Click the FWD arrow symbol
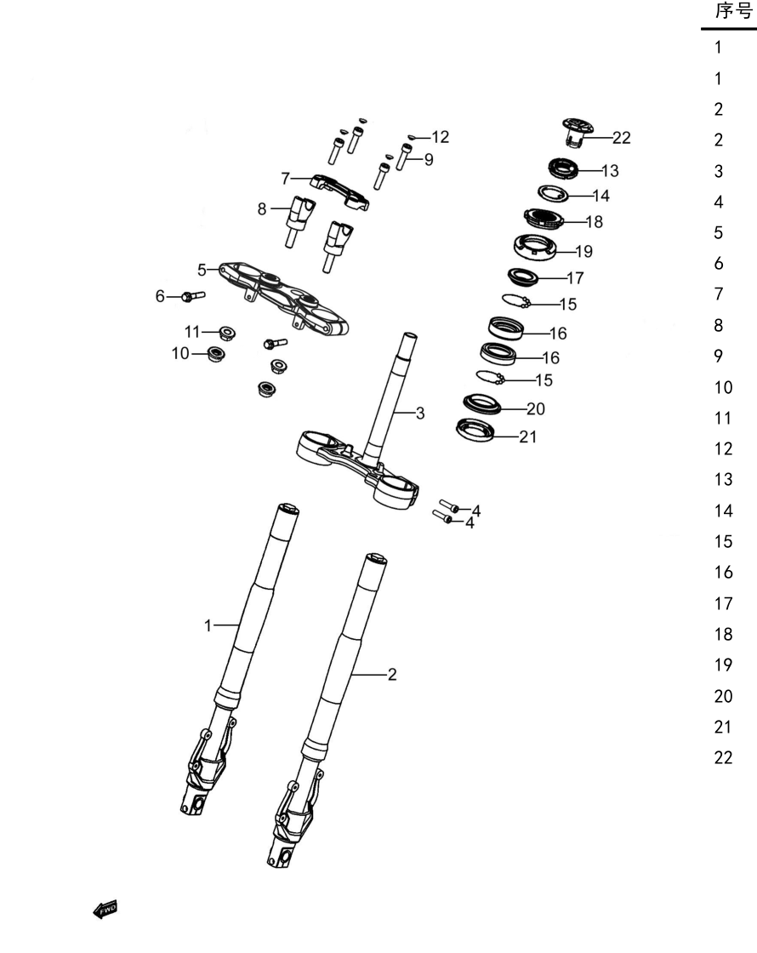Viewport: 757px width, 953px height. tap(105, 910)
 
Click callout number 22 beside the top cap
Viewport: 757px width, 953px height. tap(622, 138)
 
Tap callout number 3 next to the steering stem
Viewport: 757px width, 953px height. tap(420, 414)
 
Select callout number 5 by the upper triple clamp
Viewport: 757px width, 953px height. tap(202, 270)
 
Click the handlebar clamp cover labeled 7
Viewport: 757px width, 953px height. tap(340, 191)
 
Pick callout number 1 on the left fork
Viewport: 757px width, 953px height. tap(208, 625)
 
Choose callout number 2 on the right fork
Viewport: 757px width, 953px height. tap(392, 674)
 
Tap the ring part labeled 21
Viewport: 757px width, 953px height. tap(475, 430)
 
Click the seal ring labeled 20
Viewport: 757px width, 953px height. tap(482, 403)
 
